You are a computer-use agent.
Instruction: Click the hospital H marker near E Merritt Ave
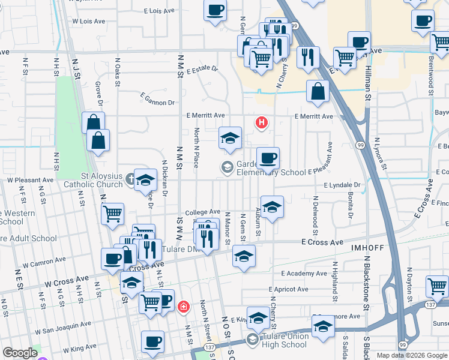[x=261, y=123]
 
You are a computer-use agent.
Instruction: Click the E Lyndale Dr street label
[x=342, y=186]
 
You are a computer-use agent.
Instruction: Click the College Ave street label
[x=202, y=212]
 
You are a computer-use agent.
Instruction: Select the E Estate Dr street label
[x=202, y=71]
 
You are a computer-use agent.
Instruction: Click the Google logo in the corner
[x=19, y=353]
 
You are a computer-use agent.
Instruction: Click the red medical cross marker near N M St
[x=183, y=307]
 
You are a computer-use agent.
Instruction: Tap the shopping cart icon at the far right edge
[x=438, y=286]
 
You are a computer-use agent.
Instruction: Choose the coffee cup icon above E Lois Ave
[x=215, y=10]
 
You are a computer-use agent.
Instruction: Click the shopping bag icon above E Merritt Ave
[x=318, y=91]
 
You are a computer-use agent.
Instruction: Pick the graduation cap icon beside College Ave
[x=272, y=207]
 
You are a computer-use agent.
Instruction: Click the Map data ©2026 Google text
[x=411, y=355]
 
